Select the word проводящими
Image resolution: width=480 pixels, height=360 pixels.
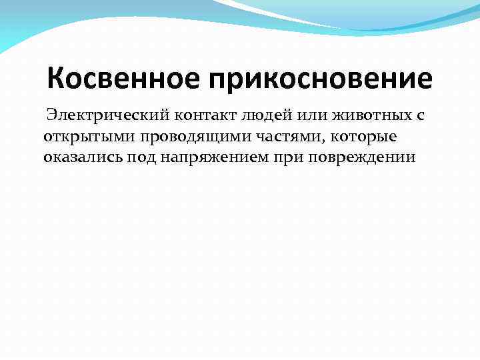pyautogui.click(x=185, y=137)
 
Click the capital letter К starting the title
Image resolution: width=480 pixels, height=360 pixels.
pyautogui.click(x=57, y=79)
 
